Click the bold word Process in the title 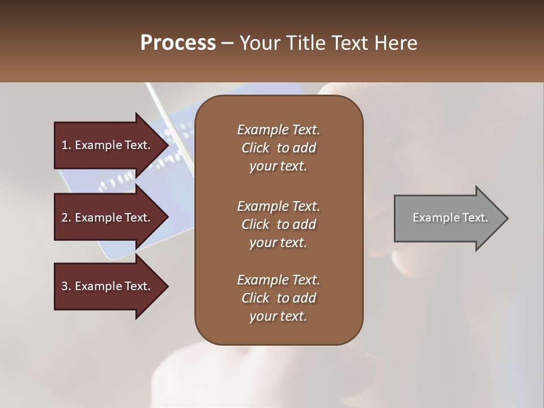(178, 43)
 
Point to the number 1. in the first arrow (66, 145)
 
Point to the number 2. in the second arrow (66, 218)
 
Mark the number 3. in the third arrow (66, 286)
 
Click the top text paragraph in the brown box (278, 148)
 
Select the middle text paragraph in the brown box (278, 224)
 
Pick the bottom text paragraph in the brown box (278, 298)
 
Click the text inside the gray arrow (450, 218)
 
